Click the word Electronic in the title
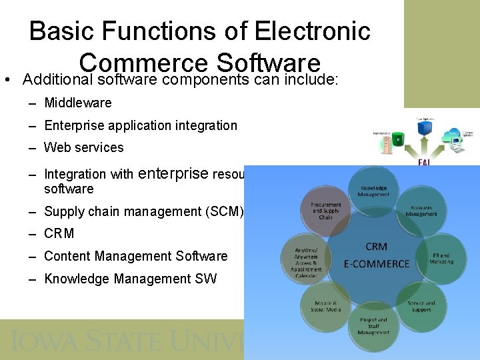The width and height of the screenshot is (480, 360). [x=314, y=31]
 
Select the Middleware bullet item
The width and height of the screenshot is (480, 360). [x=78, y=103]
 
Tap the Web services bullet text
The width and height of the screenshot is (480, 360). [x=84, y=147]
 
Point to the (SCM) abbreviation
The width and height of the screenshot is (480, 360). [x=227, y=212]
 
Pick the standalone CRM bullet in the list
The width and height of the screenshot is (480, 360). [x=59, y=234]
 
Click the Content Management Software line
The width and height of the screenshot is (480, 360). [x=136, y=256]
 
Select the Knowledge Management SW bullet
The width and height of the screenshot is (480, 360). [x=130, y=279]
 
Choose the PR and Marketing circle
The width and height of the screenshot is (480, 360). [x=441, y=258]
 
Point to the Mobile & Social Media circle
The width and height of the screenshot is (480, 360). [x=326, y=306]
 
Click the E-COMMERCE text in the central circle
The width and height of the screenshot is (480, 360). [x=377, y=264]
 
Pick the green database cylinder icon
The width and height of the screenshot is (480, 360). [x=398, y=139]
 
